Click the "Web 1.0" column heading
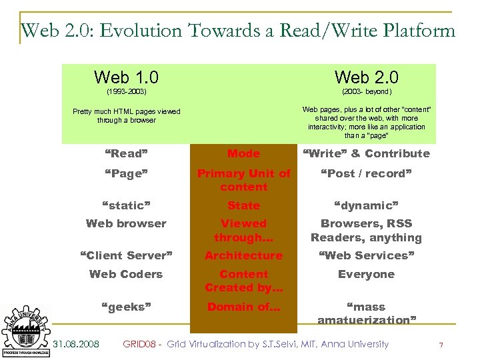click(126, 77)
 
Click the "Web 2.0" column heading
click(366, 77)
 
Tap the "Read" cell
click(126, 153)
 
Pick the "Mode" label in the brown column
click(243, 153)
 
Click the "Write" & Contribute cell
click(366, 153)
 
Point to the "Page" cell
click(126, 173)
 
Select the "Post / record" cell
click(366, 173)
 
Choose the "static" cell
click(126, 205)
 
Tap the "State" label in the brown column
click(243, 205)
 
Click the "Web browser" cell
click(126, 223)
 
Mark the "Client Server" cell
click(126, 255)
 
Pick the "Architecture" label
click(243, 255)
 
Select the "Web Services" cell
click(366, 255)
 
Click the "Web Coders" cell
click(126, 274)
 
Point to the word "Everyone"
click(366, 274)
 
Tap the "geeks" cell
click(126, 307)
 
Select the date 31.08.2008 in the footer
click(76, 344)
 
